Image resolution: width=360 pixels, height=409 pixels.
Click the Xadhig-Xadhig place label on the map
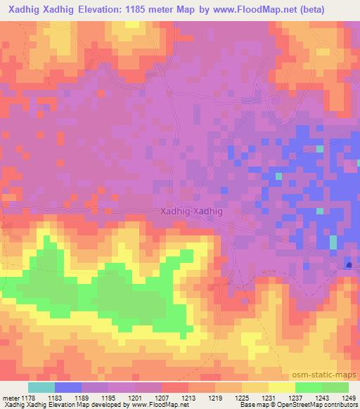(x=191, y=211)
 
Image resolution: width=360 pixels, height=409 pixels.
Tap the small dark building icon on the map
(x=349, y=265)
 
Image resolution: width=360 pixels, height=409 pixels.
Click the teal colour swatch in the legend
(x=41, y=387)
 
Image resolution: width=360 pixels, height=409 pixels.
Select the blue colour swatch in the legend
(x=68, y=387)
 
